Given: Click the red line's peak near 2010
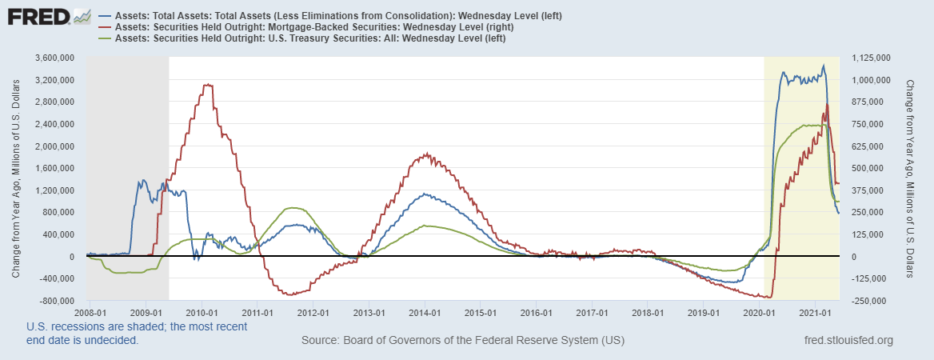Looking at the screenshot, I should point(207,84).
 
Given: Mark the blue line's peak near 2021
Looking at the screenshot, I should point(824,66).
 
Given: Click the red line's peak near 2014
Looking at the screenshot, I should point(426,154).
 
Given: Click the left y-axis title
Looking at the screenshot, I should point(16,179).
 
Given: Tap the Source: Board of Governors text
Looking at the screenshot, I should point(463,341).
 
